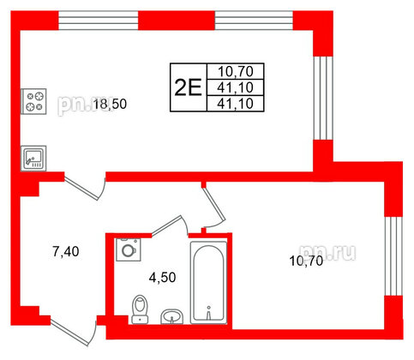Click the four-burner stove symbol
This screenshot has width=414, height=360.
[33, 101]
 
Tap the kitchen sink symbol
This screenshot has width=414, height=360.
[33, 159]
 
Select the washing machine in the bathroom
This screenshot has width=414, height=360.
[129, 249]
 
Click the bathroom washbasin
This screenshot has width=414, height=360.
[171, 316]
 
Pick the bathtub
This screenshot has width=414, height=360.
[208, 283]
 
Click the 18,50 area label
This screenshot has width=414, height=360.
[110, 105]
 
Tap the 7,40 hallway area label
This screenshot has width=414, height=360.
[66, 252]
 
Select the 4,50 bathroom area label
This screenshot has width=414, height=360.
[162, 278]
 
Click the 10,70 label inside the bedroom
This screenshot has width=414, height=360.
[306, 261]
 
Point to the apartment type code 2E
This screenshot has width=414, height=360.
[188, 87]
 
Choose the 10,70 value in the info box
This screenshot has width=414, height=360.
[236, 71]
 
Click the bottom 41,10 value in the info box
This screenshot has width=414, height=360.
[236, 104]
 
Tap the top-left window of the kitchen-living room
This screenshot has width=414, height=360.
[99, 21]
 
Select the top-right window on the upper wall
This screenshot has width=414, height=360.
[254, 21]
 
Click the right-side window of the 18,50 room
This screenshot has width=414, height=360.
[323, 98]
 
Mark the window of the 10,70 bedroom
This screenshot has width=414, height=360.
[393, 256]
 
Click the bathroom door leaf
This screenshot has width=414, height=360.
[167, 225]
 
